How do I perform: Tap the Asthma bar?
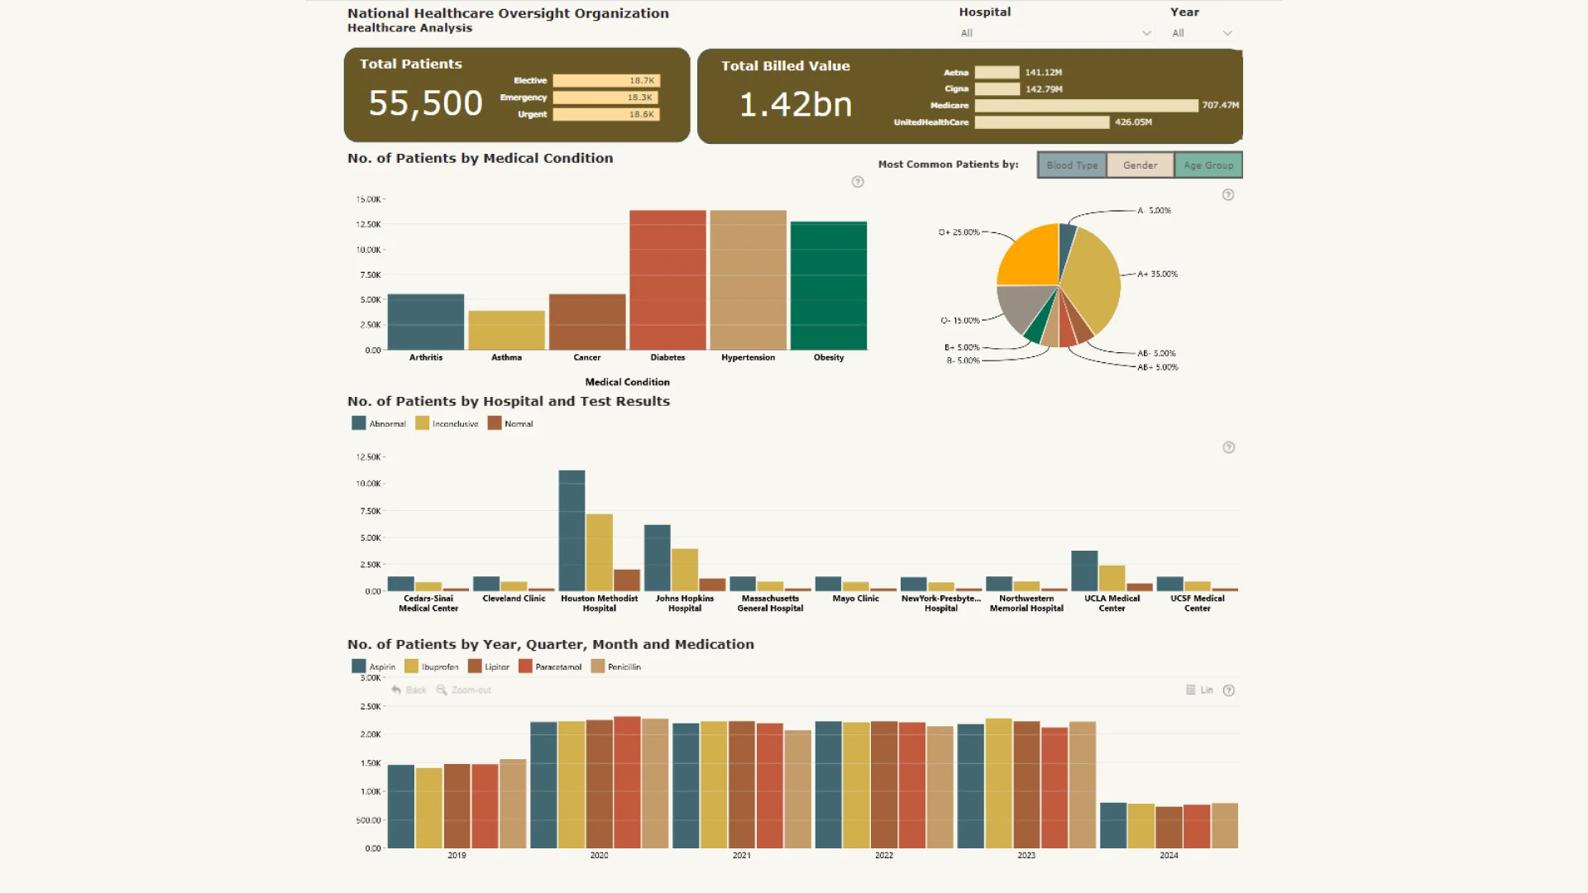coord(506,330)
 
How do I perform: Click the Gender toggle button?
coord(1140,165)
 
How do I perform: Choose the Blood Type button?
coord(1072,165)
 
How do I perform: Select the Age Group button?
coord(1208,165)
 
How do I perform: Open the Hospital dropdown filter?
coord(1055,33)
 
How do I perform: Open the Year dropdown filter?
coord(1202,33)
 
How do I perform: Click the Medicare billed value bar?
coord(1086,106)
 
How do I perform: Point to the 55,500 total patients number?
coord(425,103)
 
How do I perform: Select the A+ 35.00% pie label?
coord(1157,274)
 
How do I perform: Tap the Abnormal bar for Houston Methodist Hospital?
coord(572,530)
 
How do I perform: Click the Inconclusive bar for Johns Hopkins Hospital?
coord(685,569)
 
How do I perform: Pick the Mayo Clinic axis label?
coord(855,599)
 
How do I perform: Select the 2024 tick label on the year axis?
coord(1169,856)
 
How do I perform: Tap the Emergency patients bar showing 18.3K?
coord(605,98)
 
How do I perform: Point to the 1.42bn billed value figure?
coord(795,105)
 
